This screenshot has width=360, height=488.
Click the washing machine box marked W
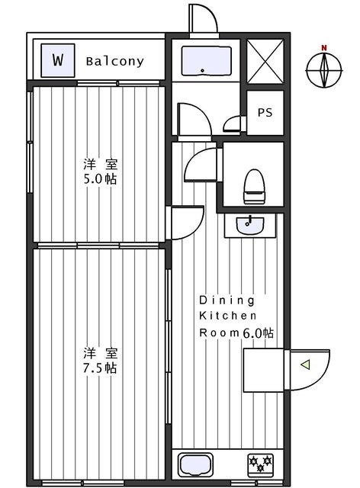tap(58, 60)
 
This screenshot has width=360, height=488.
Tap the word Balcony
tap(115, 61)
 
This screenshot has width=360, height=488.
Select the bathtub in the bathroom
tap(206, 60)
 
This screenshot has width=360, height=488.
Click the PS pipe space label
tap(265, 112)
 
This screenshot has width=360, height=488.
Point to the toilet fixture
tap(255, 186)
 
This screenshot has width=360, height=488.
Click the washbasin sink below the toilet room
tap(249, 225)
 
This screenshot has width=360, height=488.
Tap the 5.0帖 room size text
tap(100, 179)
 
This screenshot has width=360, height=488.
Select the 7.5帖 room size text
tap(100, 368)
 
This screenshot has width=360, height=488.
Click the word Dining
tap(227, 300)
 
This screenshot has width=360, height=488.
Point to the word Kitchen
tap(227, 316)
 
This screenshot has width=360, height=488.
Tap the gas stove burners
tap(261, 465)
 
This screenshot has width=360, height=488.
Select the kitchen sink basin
tap(196, 465)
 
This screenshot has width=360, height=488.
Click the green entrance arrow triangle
tap(305, 364)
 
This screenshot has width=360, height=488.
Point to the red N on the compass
tap(324, 48)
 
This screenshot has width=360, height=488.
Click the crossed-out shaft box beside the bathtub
tap(265, 61)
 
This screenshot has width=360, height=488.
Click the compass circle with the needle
tap(324, 70)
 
